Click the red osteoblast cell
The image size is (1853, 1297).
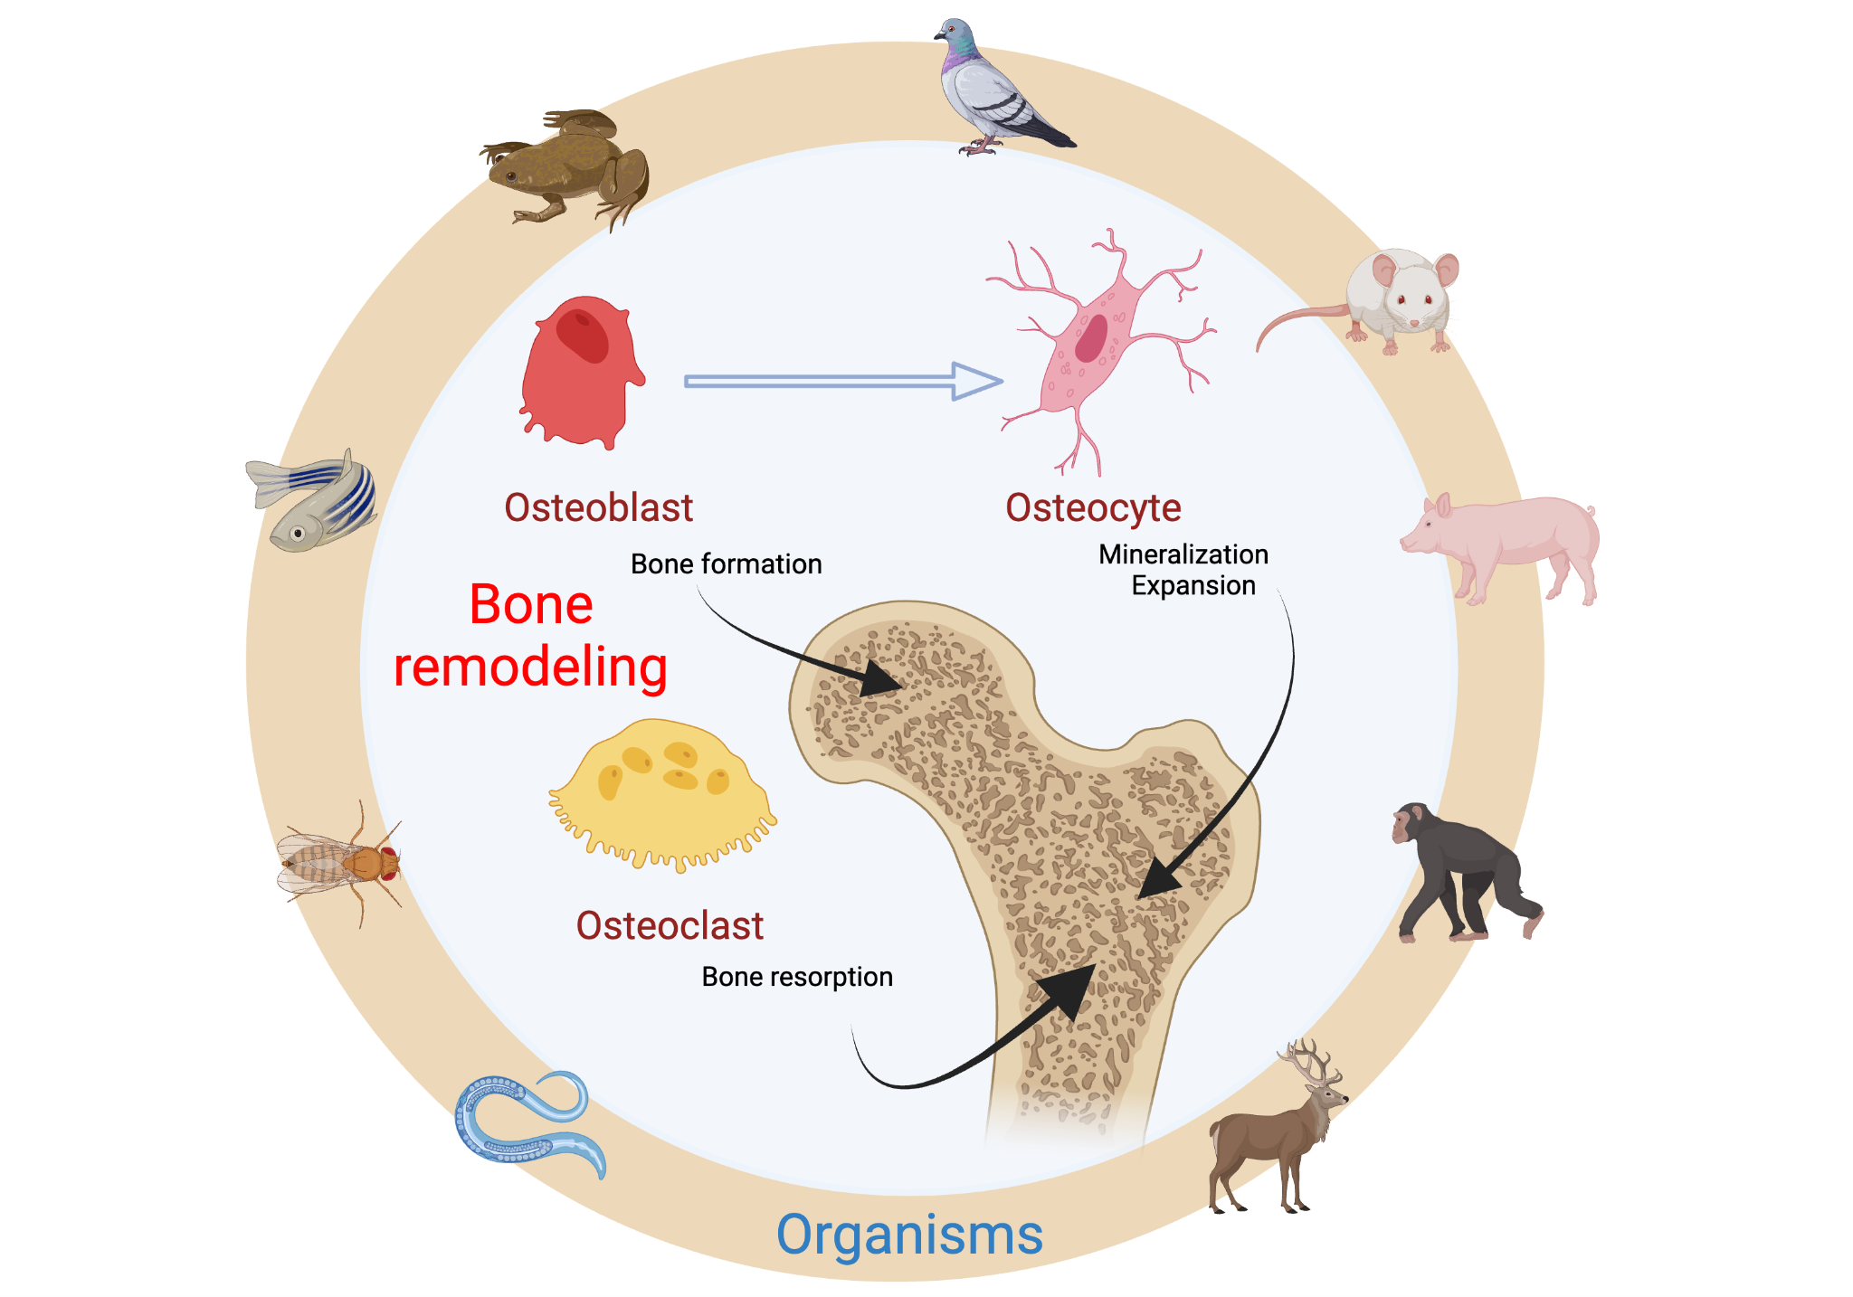(579, 375)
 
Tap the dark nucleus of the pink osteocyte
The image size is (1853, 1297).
(1091, 337)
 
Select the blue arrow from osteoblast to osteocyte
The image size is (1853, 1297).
(841, 381)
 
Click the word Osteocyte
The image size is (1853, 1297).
(1093, 508)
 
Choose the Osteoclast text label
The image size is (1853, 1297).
(670, 925)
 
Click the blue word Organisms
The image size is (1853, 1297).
(909, 1235)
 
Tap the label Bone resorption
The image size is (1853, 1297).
(797, 977)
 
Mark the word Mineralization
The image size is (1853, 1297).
(1183, 554)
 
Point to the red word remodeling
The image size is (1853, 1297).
(530, 667)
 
